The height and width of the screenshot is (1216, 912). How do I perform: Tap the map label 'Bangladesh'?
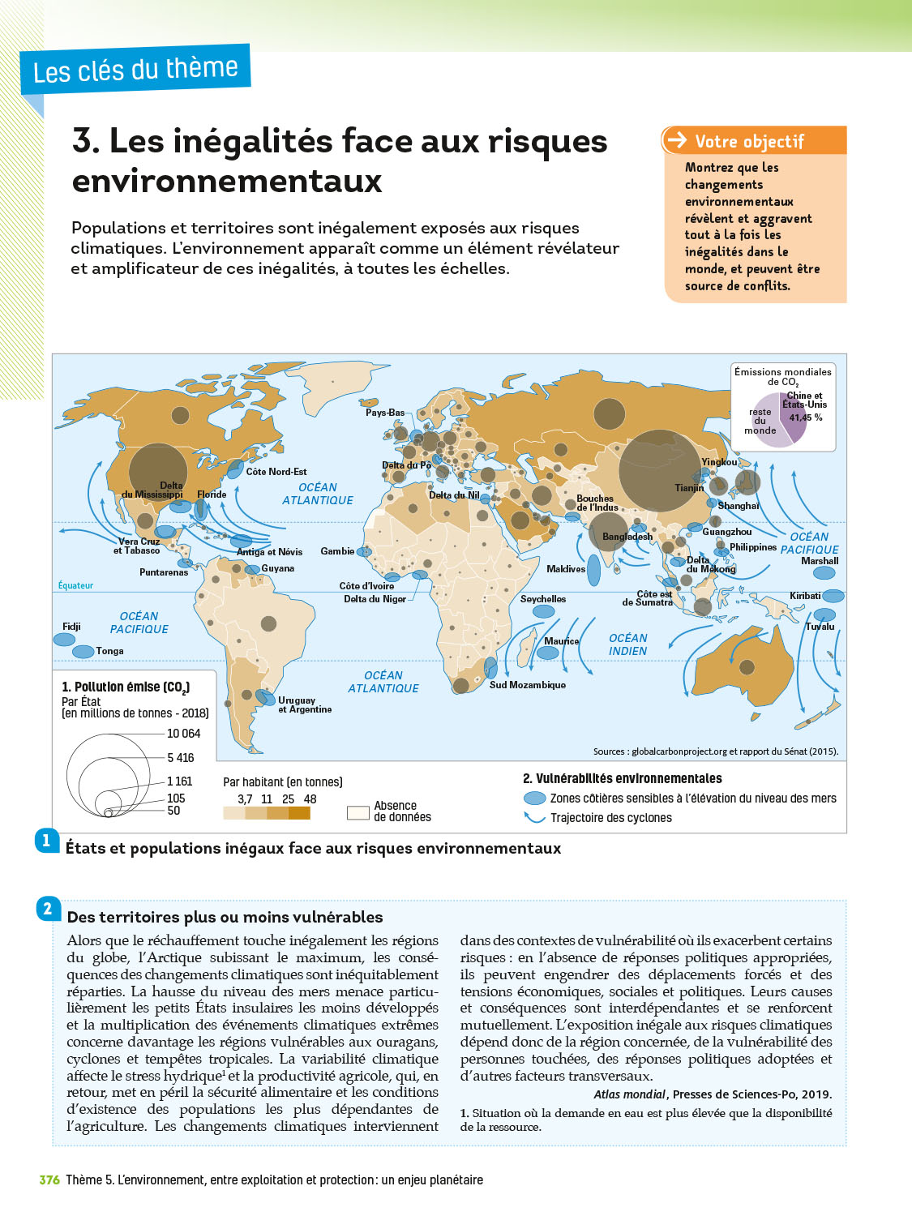(x=627, y=537)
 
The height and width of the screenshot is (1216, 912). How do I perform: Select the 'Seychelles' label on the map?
(x=543, y=599)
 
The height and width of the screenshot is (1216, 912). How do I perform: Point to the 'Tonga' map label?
(x=109, y=651)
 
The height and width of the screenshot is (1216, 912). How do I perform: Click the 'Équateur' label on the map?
(x=75, y=585)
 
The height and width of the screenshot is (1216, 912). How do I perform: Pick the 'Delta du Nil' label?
(x=454, y=495)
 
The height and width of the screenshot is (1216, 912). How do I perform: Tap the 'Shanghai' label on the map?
(x=738, y=506)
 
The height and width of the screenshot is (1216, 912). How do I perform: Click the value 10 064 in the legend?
(x=183, y=734)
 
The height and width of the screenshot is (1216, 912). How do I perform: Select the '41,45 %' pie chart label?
(x=806, y=417)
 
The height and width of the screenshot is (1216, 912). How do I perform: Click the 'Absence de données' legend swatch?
(x=358, y=812)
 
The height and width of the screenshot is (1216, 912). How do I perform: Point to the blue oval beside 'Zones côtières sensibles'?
(x=535, y=799)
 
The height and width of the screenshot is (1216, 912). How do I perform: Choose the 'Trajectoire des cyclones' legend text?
(x=610, y=818)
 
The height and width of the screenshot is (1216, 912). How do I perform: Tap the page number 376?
(x=49, y=1180)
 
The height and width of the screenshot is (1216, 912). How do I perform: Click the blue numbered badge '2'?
(x=47, y=909)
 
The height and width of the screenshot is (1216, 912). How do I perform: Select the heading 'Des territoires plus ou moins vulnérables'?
(x=225, y=917)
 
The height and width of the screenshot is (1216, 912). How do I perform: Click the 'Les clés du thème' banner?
(x=135, y=70)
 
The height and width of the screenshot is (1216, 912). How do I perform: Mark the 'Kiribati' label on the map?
(x=805, y=596)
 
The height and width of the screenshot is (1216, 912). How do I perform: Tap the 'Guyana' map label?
(x=277, y=568)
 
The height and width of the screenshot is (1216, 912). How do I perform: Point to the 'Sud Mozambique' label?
(x=527, y=685)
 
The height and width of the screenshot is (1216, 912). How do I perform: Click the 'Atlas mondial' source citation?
(x=630, y=1094)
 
